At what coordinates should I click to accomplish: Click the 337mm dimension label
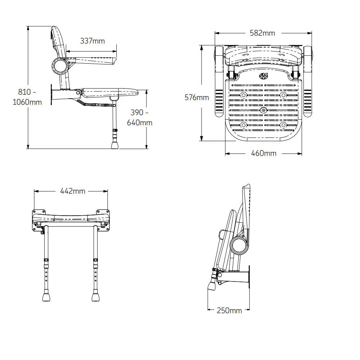click(x=92, y=41)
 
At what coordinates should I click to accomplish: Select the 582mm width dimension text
click(x=262, y=33)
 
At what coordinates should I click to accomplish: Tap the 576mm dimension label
click(x=197, y=97)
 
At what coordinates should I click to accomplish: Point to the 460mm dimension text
click(x=264, y=153)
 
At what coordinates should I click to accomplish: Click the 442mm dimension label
click(x=72, y=191)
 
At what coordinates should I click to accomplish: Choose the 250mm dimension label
click(x=229, y=310)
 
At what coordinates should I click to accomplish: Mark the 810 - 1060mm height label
click(x=27, y=97)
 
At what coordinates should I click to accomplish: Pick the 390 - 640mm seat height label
click(x=140, y=118)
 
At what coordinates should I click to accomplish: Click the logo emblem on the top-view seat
click(x=264, y=76)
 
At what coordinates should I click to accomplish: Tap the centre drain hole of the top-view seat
click(x=264, y=110)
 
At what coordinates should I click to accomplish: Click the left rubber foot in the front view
click(x=46, y=297)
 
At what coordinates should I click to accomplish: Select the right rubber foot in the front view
click(x=96, y=297)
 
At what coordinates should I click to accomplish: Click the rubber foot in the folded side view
click(x=212, y=285)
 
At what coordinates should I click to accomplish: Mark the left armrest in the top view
click(x=219, y=83)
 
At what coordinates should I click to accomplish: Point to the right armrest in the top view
click(x=308, y=83)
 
